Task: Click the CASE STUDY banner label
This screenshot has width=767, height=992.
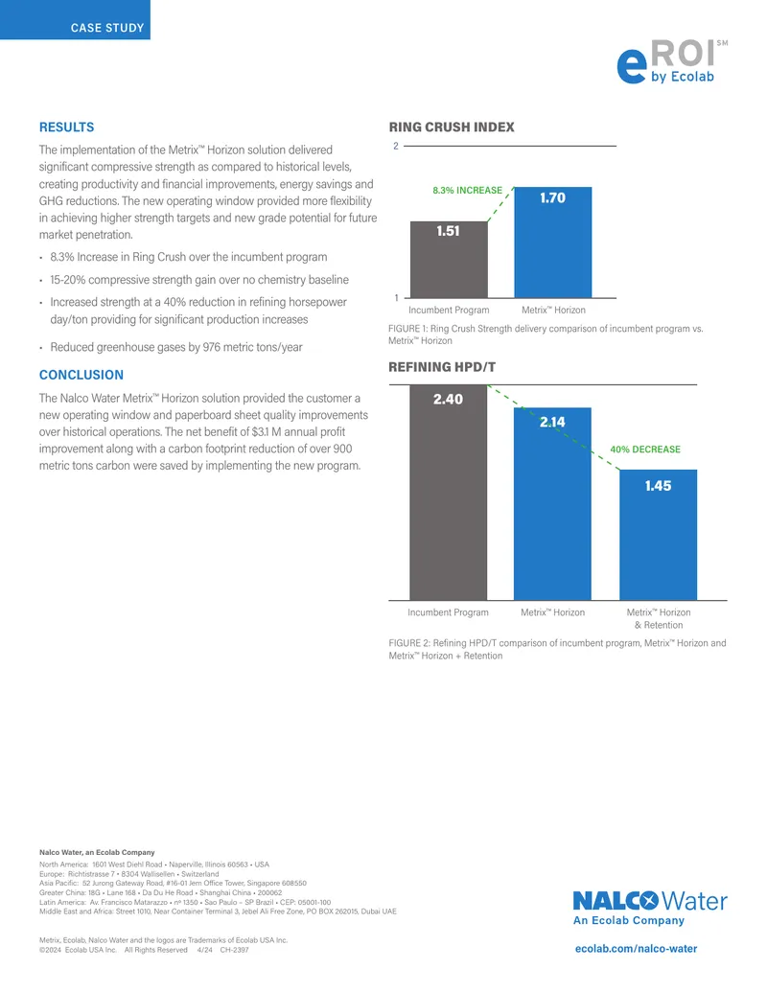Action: tap(107, 28)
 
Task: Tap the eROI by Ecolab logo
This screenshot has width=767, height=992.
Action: tap(672, 62)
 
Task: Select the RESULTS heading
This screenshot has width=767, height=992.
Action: tap(66, 127)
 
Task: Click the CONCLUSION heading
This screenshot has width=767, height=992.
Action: tap(81, 375)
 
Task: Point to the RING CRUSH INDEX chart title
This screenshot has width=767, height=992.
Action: tap(452, 127)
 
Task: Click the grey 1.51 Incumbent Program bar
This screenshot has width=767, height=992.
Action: tap(449, 260)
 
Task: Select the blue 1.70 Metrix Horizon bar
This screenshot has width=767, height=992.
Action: tap(552, 242)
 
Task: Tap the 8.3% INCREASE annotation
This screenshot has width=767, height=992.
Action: tap(467, 191)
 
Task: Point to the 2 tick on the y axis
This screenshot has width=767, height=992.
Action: tap(396, 146)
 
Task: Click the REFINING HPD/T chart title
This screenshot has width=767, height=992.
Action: tap(442, 367)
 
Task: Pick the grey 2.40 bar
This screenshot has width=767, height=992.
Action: tap(448, 493)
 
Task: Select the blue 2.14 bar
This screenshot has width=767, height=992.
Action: tap(552, 503)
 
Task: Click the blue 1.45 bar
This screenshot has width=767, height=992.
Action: tap(658, 535)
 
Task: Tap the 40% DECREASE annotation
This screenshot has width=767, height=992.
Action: tap(645, 450)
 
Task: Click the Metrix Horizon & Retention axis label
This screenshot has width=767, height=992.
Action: tap(658, 619)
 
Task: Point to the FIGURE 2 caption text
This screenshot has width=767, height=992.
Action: tap(557, 649)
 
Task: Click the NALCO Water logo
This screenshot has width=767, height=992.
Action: tap(650, 908)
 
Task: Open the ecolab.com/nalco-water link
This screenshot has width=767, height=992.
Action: tap(636, 948)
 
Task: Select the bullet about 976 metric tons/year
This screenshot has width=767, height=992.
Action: tap(175, 347)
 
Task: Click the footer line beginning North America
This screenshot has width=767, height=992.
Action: tap(153, 865)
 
